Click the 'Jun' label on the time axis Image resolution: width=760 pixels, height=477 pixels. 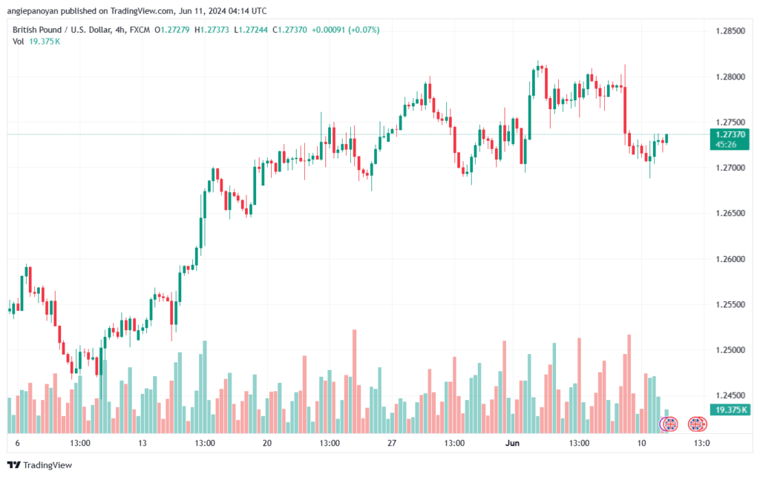coord(511,444)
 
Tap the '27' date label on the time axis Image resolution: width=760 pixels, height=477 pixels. coord(393,444)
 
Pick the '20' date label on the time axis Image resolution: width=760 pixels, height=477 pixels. coord(267,444)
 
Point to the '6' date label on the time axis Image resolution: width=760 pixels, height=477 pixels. coord(18,444)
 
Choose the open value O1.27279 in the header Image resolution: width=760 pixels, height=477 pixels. coord(175,29)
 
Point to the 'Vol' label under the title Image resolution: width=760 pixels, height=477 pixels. coord(19,41)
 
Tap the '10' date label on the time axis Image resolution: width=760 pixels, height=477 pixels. coord(641,444)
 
